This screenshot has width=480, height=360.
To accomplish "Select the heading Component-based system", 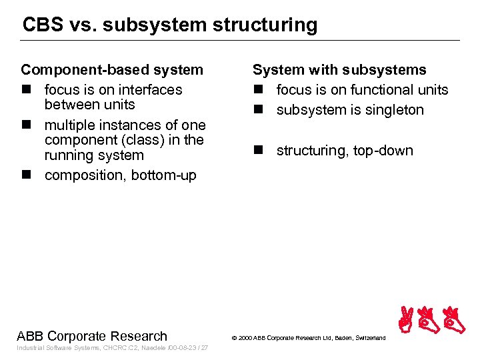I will pyautogui.click(x=112, y=70).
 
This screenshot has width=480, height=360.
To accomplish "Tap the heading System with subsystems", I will pyautogui.click(x=339, y=70).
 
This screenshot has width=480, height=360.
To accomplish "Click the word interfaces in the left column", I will pyautogui.click(x=147, y=89).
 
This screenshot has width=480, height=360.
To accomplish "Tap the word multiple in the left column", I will pyautogui.click(x=67, y=125).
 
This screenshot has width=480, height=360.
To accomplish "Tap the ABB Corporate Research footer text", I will pyautogui.click(x=92, y=336).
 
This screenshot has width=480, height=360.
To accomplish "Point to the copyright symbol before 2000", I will pyautogui.click(x=234, y=339).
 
